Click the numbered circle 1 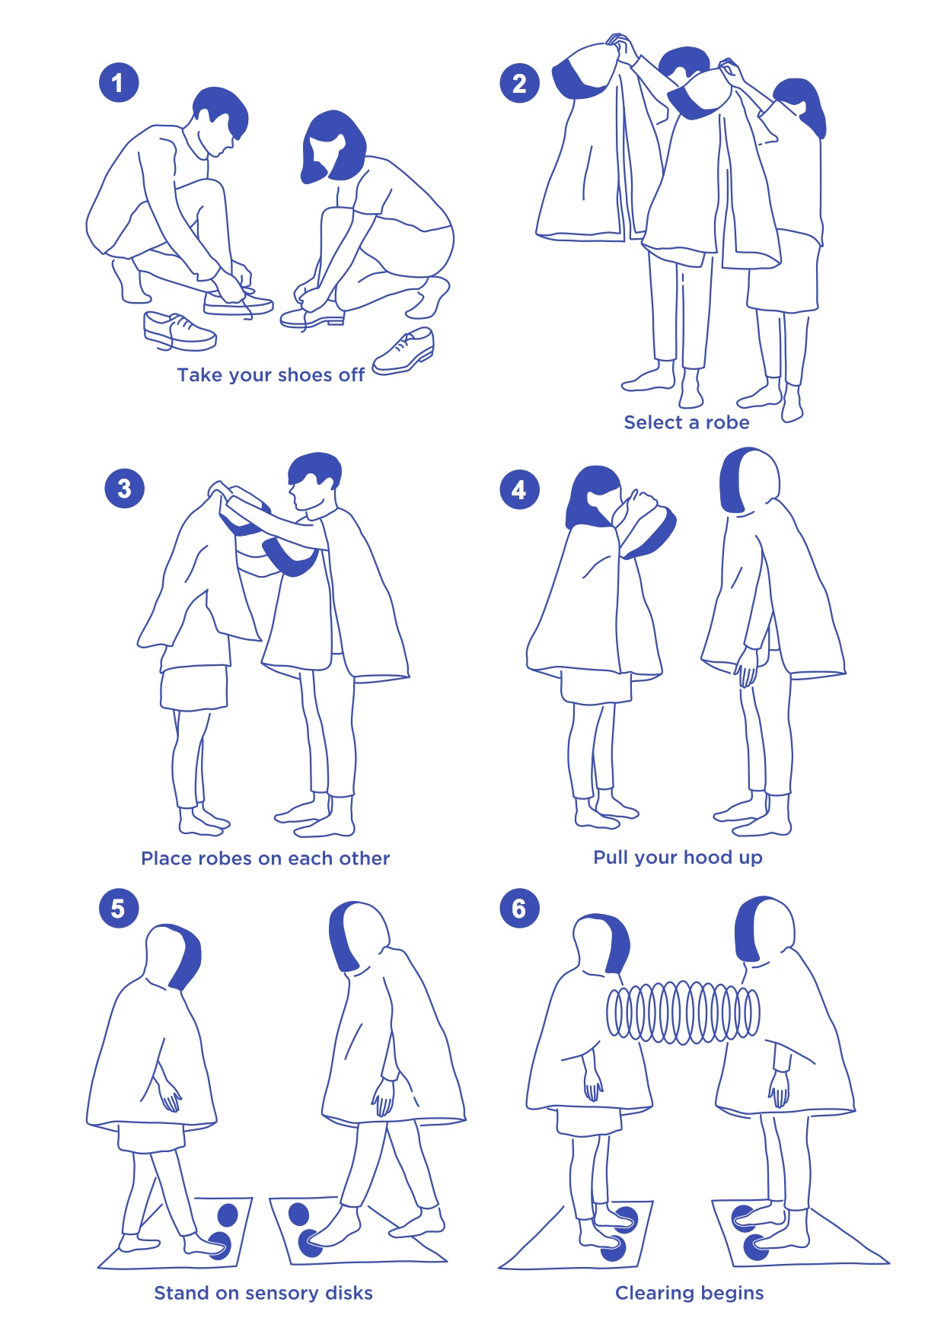(x=118, y=82)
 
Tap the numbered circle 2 (x=519, y=83)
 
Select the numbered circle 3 (x=124, y=489)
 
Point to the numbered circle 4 (x=519, y=490)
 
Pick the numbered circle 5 (x=118, y=908)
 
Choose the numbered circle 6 (x=519, y=908)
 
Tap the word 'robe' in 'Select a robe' (x=727, y=422)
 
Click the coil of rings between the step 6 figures (x=683, y=1013)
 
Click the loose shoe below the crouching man (x=179, y=331)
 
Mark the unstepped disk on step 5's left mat (x=228, y=1215)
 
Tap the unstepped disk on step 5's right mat (x=299, y=1215)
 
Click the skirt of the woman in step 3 (x=194, y=686)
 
